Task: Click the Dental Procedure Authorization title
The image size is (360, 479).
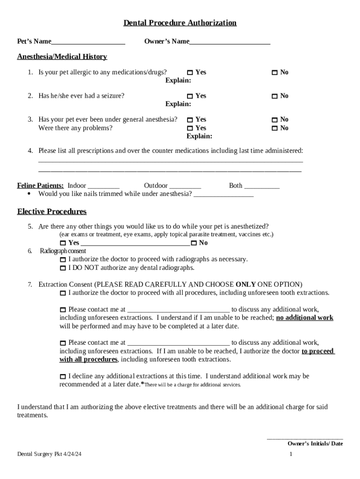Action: [x=180, y=23]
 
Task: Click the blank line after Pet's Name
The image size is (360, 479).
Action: [x=88, y=42]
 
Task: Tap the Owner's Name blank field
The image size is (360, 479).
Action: [x=230, y=42]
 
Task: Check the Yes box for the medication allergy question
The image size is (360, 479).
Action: [x=190, y=73]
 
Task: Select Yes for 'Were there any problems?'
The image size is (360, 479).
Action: [x=190, y=128]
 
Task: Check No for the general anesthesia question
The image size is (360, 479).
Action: [x=275, y=120]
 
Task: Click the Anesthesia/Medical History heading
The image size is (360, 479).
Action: [x=62, y=57]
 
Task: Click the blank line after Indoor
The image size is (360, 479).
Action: [x=104, y=186]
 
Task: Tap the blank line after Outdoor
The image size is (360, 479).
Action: [x=185, y=186]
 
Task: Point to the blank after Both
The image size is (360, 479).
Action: [x=262, y=186]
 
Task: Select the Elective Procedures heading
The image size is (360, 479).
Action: [x=52, y=211]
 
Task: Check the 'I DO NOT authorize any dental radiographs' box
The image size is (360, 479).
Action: [x=63, y=269]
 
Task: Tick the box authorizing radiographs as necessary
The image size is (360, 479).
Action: [x=63, y=260]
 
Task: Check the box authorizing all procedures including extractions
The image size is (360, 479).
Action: [x=63, y=293]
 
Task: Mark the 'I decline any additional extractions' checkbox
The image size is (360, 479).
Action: [x=63, y=377]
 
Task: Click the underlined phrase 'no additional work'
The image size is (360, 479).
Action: [x=305, y=318]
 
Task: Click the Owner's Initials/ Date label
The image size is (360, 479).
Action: [x=315, y=443]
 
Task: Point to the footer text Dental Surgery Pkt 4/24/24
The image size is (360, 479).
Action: [x=50, y=454]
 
